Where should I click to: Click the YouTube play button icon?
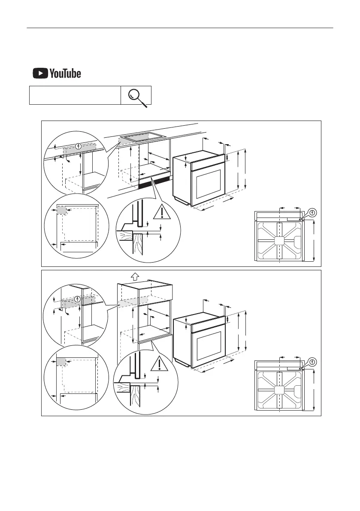40,74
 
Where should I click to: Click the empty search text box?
75,95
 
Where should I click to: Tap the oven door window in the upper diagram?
208,185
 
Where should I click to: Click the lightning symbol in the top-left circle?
78,146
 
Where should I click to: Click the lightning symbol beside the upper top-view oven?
313,212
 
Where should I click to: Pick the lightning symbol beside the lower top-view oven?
313,361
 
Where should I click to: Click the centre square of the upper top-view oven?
279,241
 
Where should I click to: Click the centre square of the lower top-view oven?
279,390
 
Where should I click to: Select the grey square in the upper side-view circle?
61,211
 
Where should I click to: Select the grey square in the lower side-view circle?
61,361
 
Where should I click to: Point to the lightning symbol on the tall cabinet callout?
77,299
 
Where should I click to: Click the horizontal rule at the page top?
180,28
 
